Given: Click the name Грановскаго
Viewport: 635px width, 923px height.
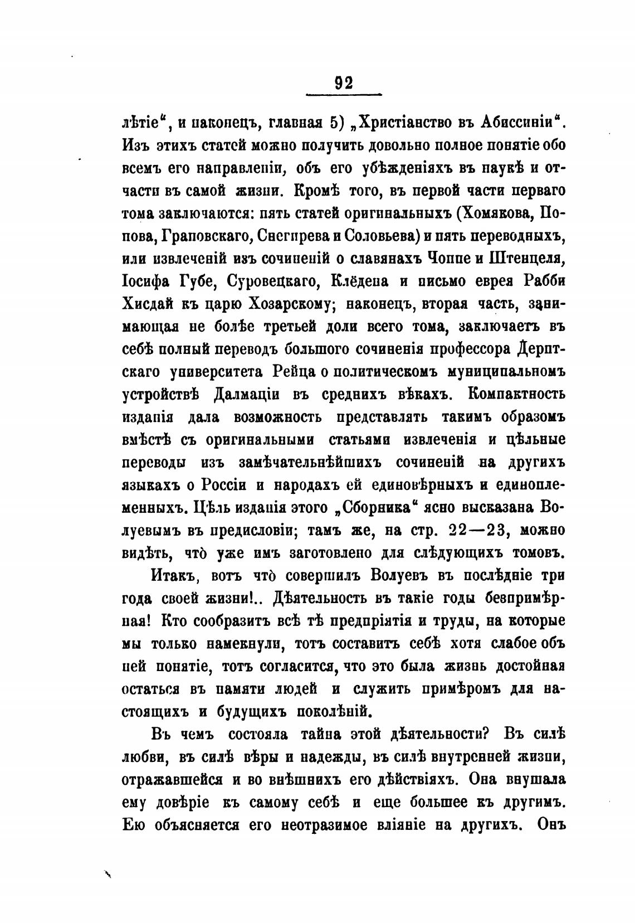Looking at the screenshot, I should [x=207, y=236].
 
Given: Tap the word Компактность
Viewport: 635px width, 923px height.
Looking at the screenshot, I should [x=509, y=395].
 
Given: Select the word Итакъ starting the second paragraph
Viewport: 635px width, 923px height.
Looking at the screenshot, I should [x=171, y=576].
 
